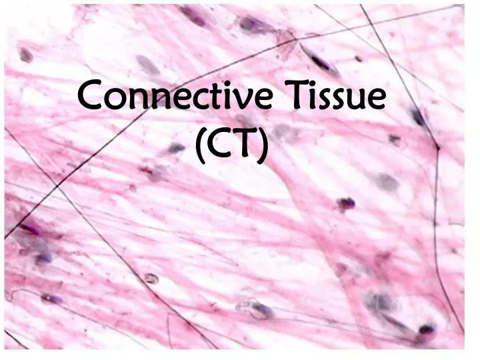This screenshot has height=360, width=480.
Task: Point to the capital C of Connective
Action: click(91, 97)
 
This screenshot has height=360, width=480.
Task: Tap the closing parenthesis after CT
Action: click(264, 145)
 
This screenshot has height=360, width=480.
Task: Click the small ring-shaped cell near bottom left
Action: click(151, 279)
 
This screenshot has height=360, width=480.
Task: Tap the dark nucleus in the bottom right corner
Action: click(425, 329)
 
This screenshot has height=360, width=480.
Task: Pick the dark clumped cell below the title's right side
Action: click(345, 203)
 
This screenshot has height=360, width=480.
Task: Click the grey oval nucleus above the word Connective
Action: click(148, 65)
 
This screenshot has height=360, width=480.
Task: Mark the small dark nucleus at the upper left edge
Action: click(26, 55)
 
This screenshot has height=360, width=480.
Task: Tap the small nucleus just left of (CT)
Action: click(175, 148)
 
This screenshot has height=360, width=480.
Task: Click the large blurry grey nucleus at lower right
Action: click(383, 303)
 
